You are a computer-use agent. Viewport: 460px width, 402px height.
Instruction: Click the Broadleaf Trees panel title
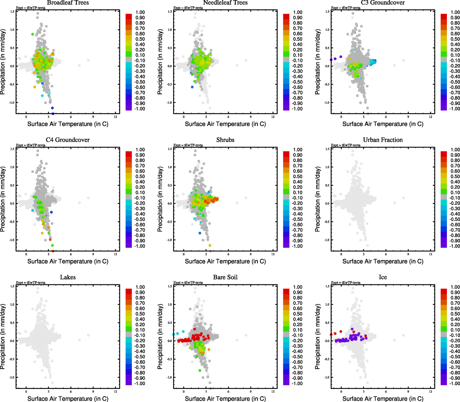pos(68,3)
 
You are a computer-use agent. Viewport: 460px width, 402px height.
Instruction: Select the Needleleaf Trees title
pos(225,3)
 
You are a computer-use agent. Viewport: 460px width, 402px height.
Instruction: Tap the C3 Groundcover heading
pos(383,3)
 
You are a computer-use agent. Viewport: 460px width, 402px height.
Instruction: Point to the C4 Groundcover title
pos(68,140)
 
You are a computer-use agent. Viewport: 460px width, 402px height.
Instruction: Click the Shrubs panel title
pos(225,140)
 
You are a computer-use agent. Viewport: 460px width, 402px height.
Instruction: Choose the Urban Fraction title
pos(383,140)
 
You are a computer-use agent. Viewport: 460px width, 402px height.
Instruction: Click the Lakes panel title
pos(68,277)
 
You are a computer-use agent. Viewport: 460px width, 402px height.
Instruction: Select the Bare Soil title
pos(225,277)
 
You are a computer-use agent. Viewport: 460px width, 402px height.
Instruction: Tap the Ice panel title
pos(383,277)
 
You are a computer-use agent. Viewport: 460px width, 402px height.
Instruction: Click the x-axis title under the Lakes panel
pos(68,399)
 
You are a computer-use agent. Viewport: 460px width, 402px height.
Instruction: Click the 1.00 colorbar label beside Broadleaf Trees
pos(140,12)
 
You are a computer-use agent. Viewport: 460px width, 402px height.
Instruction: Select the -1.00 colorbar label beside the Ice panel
pos(455,384)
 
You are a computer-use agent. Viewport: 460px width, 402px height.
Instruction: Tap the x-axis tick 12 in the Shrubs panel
pos(273,254)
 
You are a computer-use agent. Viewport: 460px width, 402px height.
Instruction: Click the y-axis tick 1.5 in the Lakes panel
pos(12,286)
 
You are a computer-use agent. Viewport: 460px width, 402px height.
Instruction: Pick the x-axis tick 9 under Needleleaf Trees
pos(251,117)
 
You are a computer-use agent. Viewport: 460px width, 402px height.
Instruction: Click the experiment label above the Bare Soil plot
pos(188,282)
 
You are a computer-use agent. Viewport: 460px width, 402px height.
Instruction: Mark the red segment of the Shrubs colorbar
pos(286,154)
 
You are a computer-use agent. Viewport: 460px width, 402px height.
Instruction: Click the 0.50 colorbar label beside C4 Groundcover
pos(140,177)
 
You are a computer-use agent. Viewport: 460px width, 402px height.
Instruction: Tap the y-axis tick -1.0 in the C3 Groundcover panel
pos(326,103)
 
